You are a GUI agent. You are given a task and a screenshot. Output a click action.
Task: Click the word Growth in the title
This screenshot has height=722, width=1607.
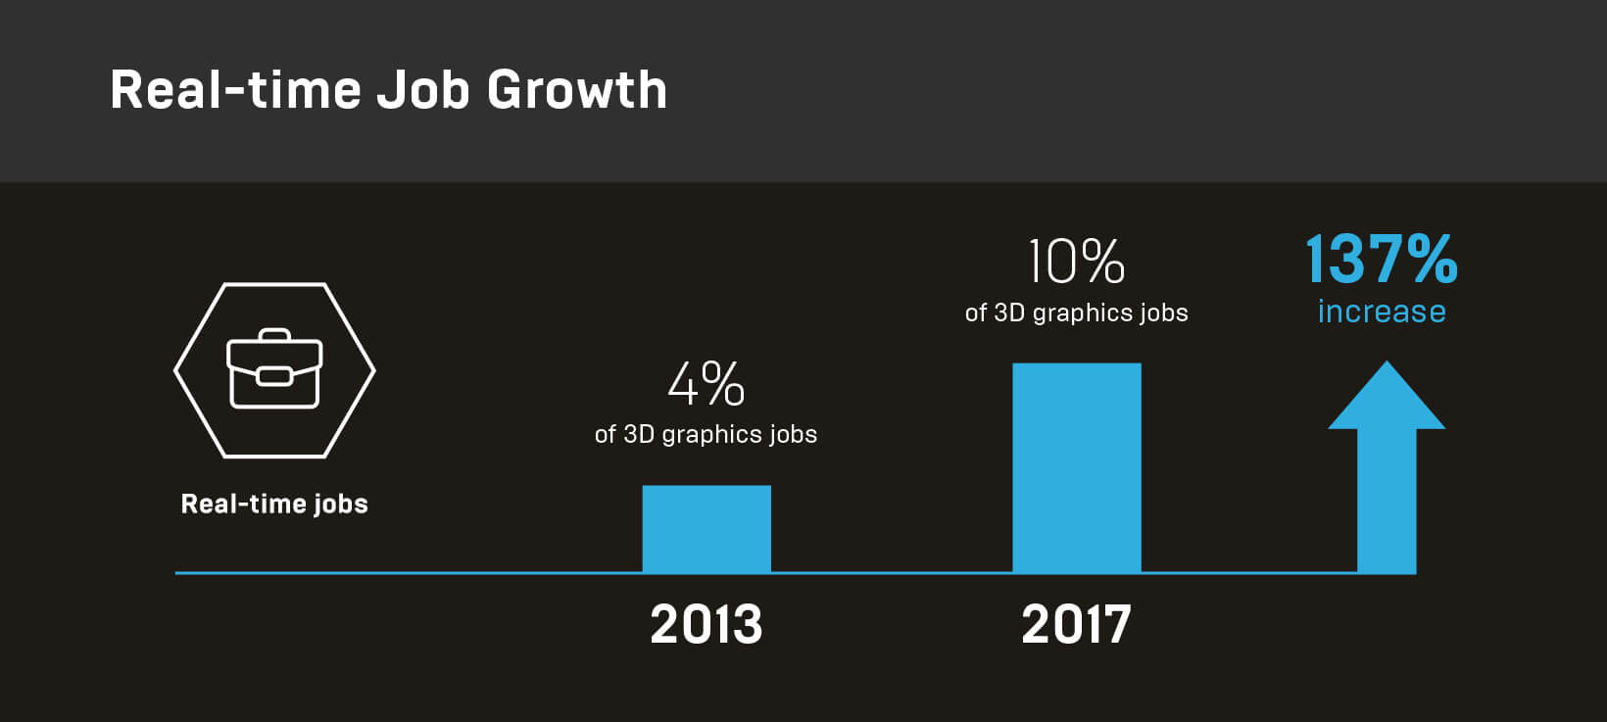click(x=576, y=90)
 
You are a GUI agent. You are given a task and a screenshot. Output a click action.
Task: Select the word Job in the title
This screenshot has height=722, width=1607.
click(x=423, y=90)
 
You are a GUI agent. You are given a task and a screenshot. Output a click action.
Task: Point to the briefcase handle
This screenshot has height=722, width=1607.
click(x=274, y=334)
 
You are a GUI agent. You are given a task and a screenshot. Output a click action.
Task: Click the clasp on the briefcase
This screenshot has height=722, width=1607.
click(x=274, y=376)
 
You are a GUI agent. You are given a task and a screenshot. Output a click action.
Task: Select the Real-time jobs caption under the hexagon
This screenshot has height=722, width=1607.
click(x=274, y=504)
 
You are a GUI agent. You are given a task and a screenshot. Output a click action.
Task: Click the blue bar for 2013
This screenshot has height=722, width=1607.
click(x=706, y=529)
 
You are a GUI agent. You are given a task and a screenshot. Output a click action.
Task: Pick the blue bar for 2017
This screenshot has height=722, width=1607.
click(x=1076, y=468)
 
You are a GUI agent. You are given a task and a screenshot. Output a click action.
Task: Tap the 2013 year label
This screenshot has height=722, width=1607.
click(x=706, y=625)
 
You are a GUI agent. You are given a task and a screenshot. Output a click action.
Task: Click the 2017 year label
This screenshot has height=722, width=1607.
click(x=1076, y=625)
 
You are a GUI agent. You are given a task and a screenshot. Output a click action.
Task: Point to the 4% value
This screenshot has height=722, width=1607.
click(x=706, y=384)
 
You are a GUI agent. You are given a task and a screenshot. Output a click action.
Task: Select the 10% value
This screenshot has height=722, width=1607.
click(x=1076, y=262)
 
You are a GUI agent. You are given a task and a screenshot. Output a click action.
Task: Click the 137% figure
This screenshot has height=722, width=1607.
click(x=1382, y=260)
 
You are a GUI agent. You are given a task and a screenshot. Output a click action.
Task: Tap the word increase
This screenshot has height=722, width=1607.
click(x=1382, y=312)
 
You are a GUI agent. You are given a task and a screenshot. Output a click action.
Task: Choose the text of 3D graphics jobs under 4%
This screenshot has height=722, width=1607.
click(x=706, y=434)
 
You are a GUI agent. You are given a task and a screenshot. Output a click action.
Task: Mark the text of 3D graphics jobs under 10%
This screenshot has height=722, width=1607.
click(x=1076, y=313)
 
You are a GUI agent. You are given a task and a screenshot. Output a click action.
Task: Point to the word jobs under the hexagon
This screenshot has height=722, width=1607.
click(x=341, y=505)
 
